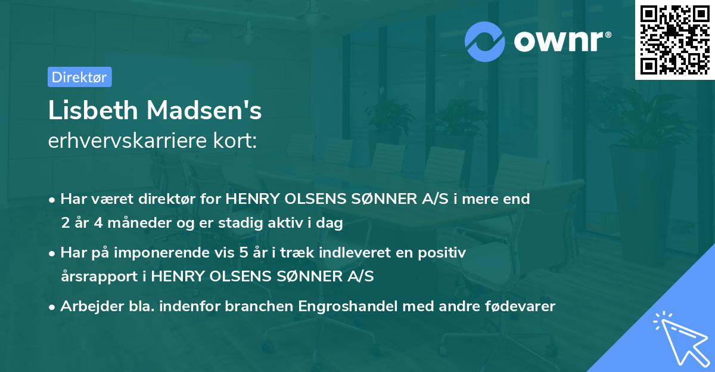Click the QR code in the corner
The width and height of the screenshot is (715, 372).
(x=674, y=40)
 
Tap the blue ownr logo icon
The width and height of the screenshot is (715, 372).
(x=485, y=42)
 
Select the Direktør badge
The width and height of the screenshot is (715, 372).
(x=79, y=77)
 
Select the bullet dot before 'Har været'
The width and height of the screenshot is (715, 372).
(x=53, y=200)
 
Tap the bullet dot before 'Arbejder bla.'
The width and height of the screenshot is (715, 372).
(x=53, y=307)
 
